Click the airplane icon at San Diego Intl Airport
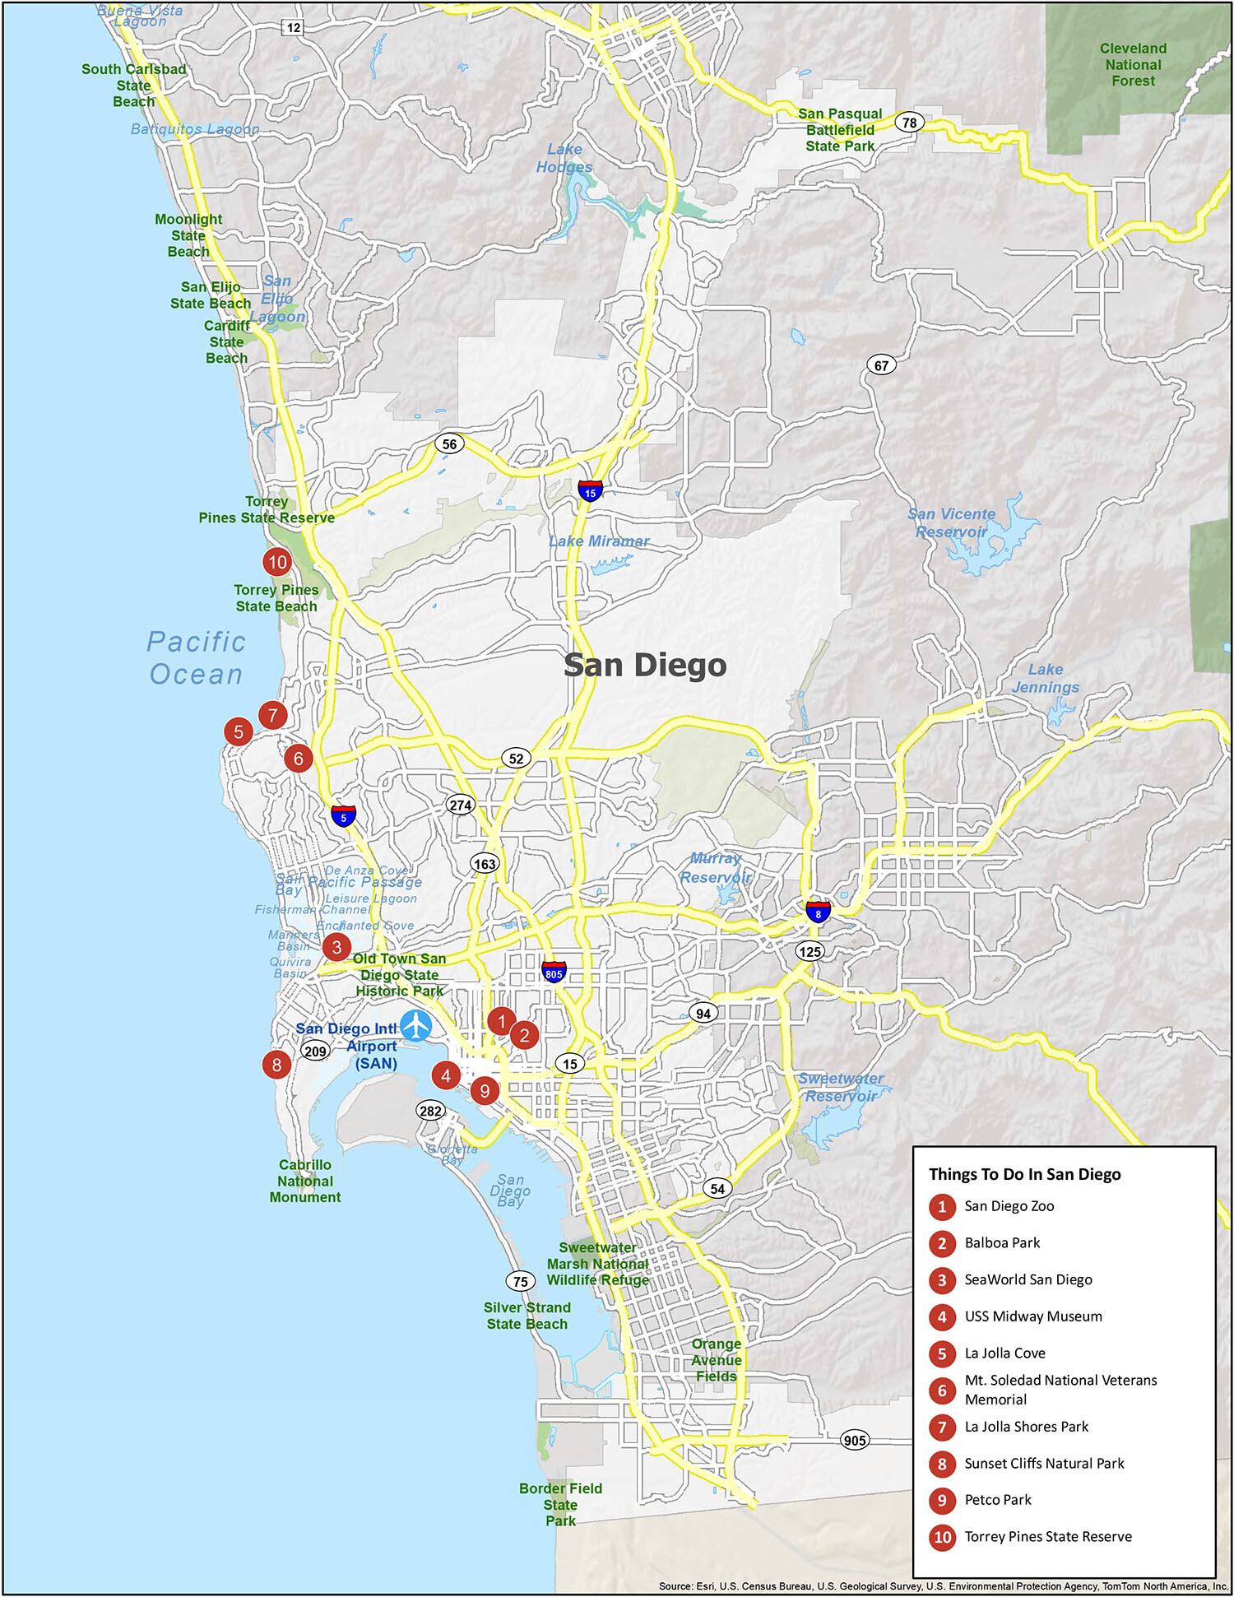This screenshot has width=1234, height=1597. pos(416,1026)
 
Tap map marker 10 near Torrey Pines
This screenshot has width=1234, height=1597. pos(277,563)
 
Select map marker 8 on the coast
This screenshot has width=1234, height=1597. pos(276,1065)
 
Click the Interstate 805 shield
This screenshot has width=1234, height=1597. pos(554,972)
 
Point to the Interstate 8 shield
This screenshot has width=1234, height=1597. pos(818,912)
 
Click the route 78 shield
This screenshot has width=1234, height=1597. pos(909,123)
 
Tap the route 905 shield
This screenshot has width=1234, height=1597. pos(855,1440)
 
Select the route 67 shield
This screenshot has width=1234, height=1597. pos(881,365)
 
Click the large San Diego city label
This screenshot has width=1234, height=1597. pos(645,665)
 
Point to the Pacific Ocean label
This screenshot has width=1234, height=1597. pos(196,657)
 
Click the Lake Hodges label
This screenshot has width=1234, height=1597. pos(564,158)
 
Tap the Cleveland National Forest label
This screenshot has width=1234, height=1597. pos(1133,65)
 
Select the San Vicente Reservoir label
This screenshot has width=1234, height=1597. pos(952,522)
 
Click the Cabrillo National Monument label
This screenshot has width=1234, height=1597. pos(305,1181)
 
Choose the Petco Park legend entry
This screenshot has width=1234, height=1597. pos(997,1500)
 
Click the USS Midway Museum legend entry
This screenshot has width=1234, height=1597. pos(1032,1316)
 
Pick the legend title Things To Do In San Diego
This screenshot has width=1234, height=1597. pos(1024,1174)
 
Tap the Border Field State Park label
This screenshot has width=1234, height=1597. pos(560,1504)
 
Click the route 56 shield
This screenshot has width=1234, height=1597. pos(449,444)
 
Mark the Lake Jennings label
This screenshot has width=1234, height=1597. pos(1046,678)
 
